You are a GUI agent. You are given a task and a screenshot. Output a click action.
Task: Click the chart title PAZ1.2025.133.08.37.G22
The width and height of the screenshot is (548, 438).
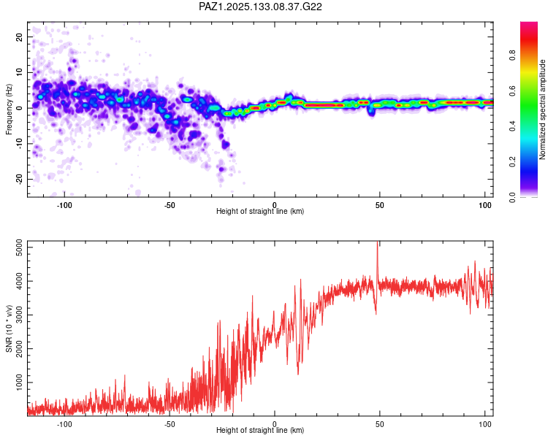tap(260, 7)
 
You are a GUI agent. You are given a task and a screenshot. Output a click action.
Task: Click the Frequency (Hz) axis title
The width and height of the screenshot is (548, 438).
tap(9, 109)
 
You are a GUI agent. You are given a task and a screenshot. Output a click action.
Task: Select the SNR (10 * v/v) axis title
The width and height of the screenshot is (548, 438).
tap(9, 328)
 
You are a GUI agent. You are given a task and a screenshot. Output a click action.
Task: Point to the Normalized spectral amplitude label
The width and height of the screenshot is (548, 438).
tap(542, 109)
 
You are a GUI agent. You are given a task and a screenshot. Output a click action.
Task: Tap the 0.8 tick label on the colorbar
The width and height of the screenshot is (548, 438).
tap(512, 55)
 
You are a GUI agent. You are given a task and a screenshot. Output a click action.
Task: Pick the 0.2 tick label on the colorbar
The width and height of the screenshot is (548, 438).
tap(512, 162)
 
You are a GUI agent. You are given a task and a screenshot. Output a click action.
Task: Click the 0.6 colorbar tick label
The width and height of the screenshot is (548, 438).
tap(512, 91)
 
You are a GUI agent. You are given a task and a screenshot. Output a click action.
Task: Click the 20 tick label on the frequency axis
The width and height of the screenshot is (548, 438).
tap(20, 36)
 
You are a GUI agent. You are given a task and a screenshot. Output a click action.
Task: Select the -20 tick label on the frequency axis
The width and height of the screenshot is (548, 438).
tap(20, 179)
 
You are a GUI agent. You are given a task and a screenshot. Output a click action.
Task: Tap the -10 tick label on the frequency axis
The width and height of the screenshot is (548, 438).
tap(20, 144)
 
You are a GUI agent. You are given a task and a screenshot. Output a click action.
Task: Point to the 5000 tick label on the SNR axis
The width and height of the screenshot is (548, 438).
tap(20, 247)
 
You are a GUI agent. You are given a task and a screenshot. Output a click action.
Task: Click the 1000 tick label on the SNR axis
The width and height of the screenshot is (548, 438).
tap(20, 383)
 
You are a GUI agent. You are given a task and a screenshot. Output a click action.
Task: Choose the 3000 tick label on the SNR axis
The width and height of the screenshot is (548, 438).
tap(20, 315)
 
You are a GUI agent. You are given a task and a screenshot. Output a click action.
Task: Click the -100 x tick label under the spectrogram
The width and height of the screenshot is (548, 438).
tap(64, 205)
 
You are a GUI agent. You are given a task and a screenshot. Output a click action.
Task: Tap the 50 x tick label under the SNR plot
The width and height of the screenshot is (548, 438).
tap(379, 424)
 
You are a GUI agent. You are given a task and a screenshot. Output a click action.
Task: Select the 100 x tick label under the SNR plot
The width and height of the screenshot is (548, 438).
tap(484, 424)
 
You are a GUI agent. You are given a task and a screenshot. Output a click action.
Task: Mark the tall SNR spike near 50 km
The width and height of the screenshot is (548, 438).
tap(378, 258)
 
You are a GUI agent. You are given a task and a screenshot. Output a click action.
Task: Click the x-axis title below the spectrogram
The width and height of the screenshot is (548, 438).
tap(260, 211)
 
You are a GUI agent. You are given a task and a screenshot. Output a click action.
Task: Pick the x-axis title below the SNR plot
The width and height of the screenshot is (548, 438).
tap(260, 430)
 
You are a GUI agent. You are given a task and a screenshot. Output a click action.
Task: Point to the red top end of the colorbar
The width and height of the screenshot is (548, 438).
tap(529, 23)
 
